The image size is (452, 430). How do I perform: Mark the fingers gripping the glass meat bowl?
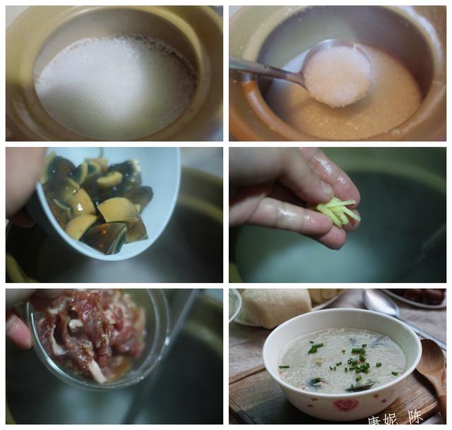click(18, 328)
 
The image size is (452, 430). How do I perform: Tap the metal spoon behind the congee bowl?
click(381, 304)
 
